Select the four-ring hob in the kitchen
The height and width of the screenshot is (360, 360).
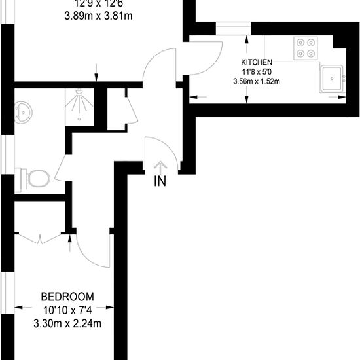coord(305,48)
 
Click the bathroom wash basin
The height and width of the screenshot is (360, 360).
coord(24,113)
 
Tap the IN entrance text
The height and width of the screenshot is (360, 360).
coord(160,181)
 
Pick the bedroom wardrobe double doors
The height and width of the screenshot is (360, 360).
coord(41,240)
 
